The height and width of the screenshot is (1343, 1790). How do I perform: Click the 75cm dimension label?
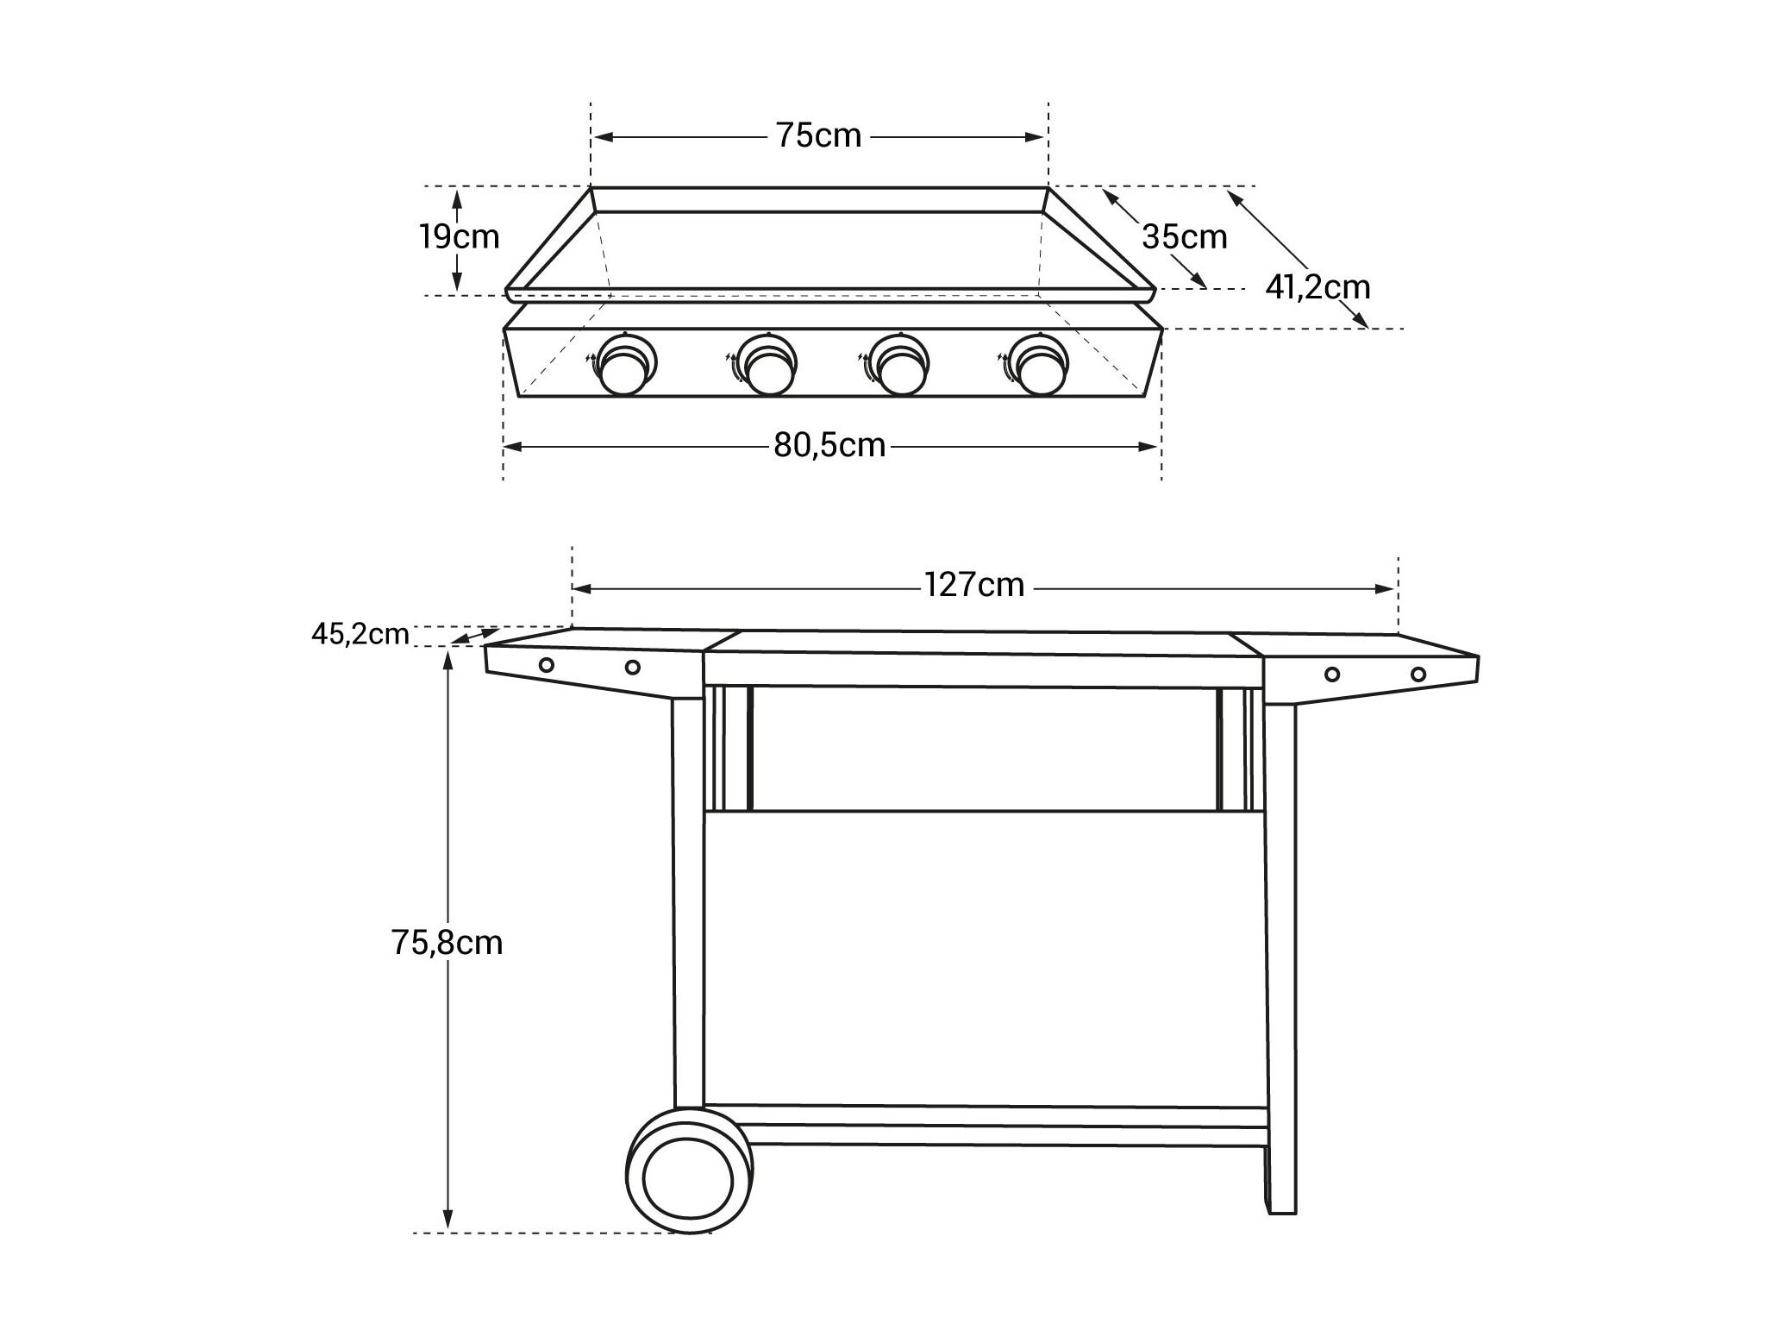click(818, 136)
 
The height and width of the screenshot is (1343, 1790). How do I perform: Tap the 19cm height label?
click(460, 236)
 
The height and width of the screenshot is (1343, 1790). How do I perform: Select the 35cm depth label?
click(1185, 236)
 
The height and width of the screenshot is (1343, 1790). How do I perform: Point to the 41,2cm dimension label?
click(1317, 286)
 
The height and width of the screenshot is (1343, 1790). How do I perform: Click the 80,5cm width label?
click(829, 445)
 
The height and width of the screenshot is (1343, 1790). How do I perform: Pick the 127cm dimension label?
click(974, 586)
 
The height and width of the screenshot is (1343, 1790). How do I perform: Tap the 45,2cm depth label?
click(360, 634)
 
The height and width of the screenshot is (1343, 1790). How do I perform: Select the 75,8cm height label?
click(447, 943)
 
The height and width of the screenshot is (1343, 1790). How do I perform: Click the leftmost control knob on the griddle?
click(625, 364)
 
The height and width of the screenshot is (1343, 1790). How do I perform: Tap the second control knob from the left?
click(767, 364)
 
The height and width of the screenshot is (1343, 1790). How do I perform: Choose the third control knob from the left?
click(898, 364)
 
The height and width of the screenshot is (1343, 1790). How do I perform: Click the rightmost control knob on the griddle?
click(1038, 364)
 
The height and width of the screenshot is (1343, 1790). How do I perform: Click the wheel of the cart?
click(690, 1170)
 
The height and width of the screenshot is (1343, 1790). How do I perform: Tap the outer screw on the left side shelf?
click(547, 664)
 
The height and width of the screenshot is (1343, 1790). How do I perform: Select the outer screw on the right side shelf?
click(1418, 674)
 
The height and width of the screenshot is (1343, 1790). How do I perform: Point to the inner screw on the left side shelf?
click(633, 667)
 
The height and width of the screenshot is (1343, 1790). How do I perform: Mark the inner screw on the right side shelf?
click(1332, 674)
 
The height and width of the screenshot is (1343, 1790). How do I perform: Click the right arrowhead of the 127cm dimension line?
click(1386, 589)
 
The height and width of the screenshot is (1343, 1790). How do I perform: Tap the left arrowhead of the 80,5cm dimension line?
click(514, 447)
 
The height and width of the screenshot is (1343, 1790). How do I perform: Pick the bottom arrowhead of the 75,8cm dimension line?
click(447, 1220)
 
